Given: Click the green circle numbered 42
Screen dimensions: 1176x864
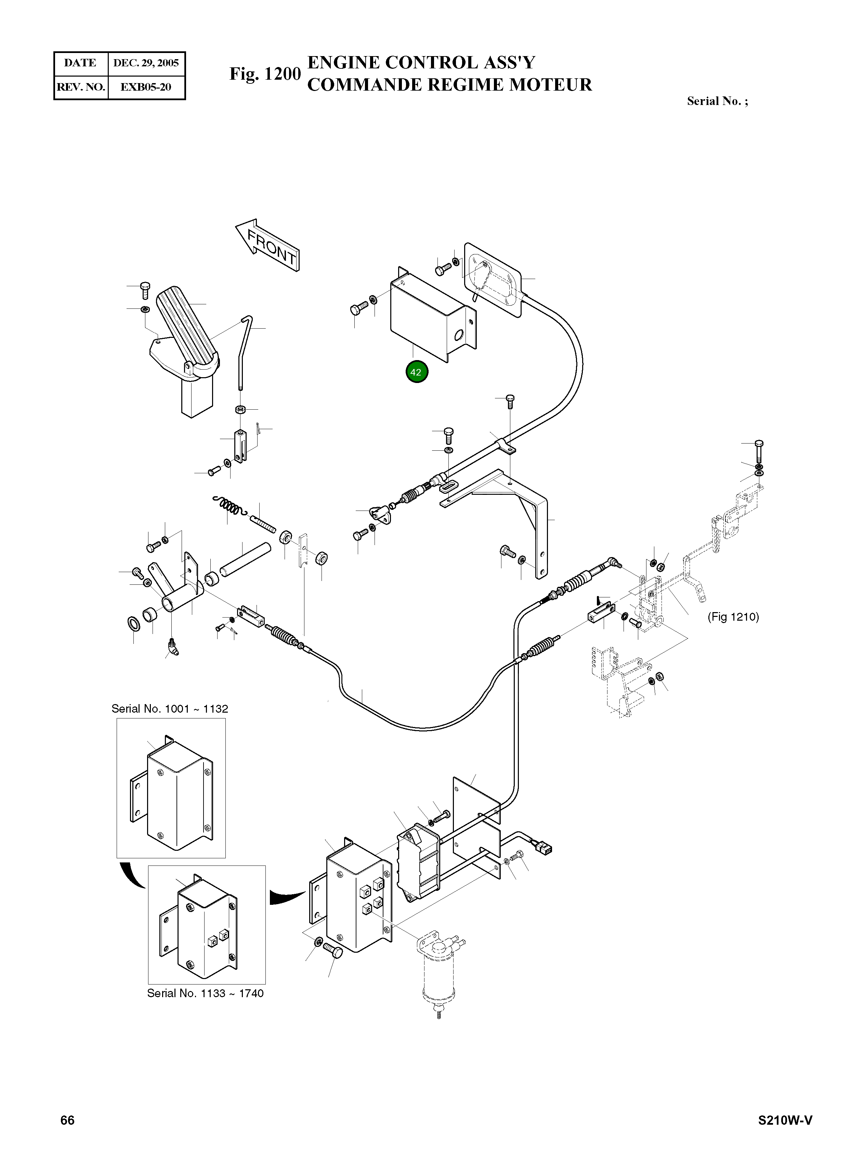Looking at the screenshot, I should tap(416, 372).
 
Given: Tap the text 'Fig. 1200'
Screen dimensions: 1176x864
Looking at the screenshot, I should tap(265, 74).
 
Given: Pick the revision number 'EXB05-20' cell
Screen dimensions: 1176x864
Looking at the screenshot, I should tap(146, 87).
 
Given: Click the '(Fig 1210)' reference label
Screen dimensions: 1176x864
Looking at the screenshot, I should tap(733, 617).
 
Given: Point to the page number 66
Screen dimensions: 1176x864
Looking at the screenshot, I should tap(67, 1120).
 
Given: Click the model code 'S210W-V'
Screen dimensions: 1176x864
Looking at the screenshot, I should tap(785, 1120).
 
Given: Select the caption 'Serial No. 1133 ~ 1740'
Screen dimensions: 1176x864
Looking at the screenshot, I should tap(205, 993).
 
